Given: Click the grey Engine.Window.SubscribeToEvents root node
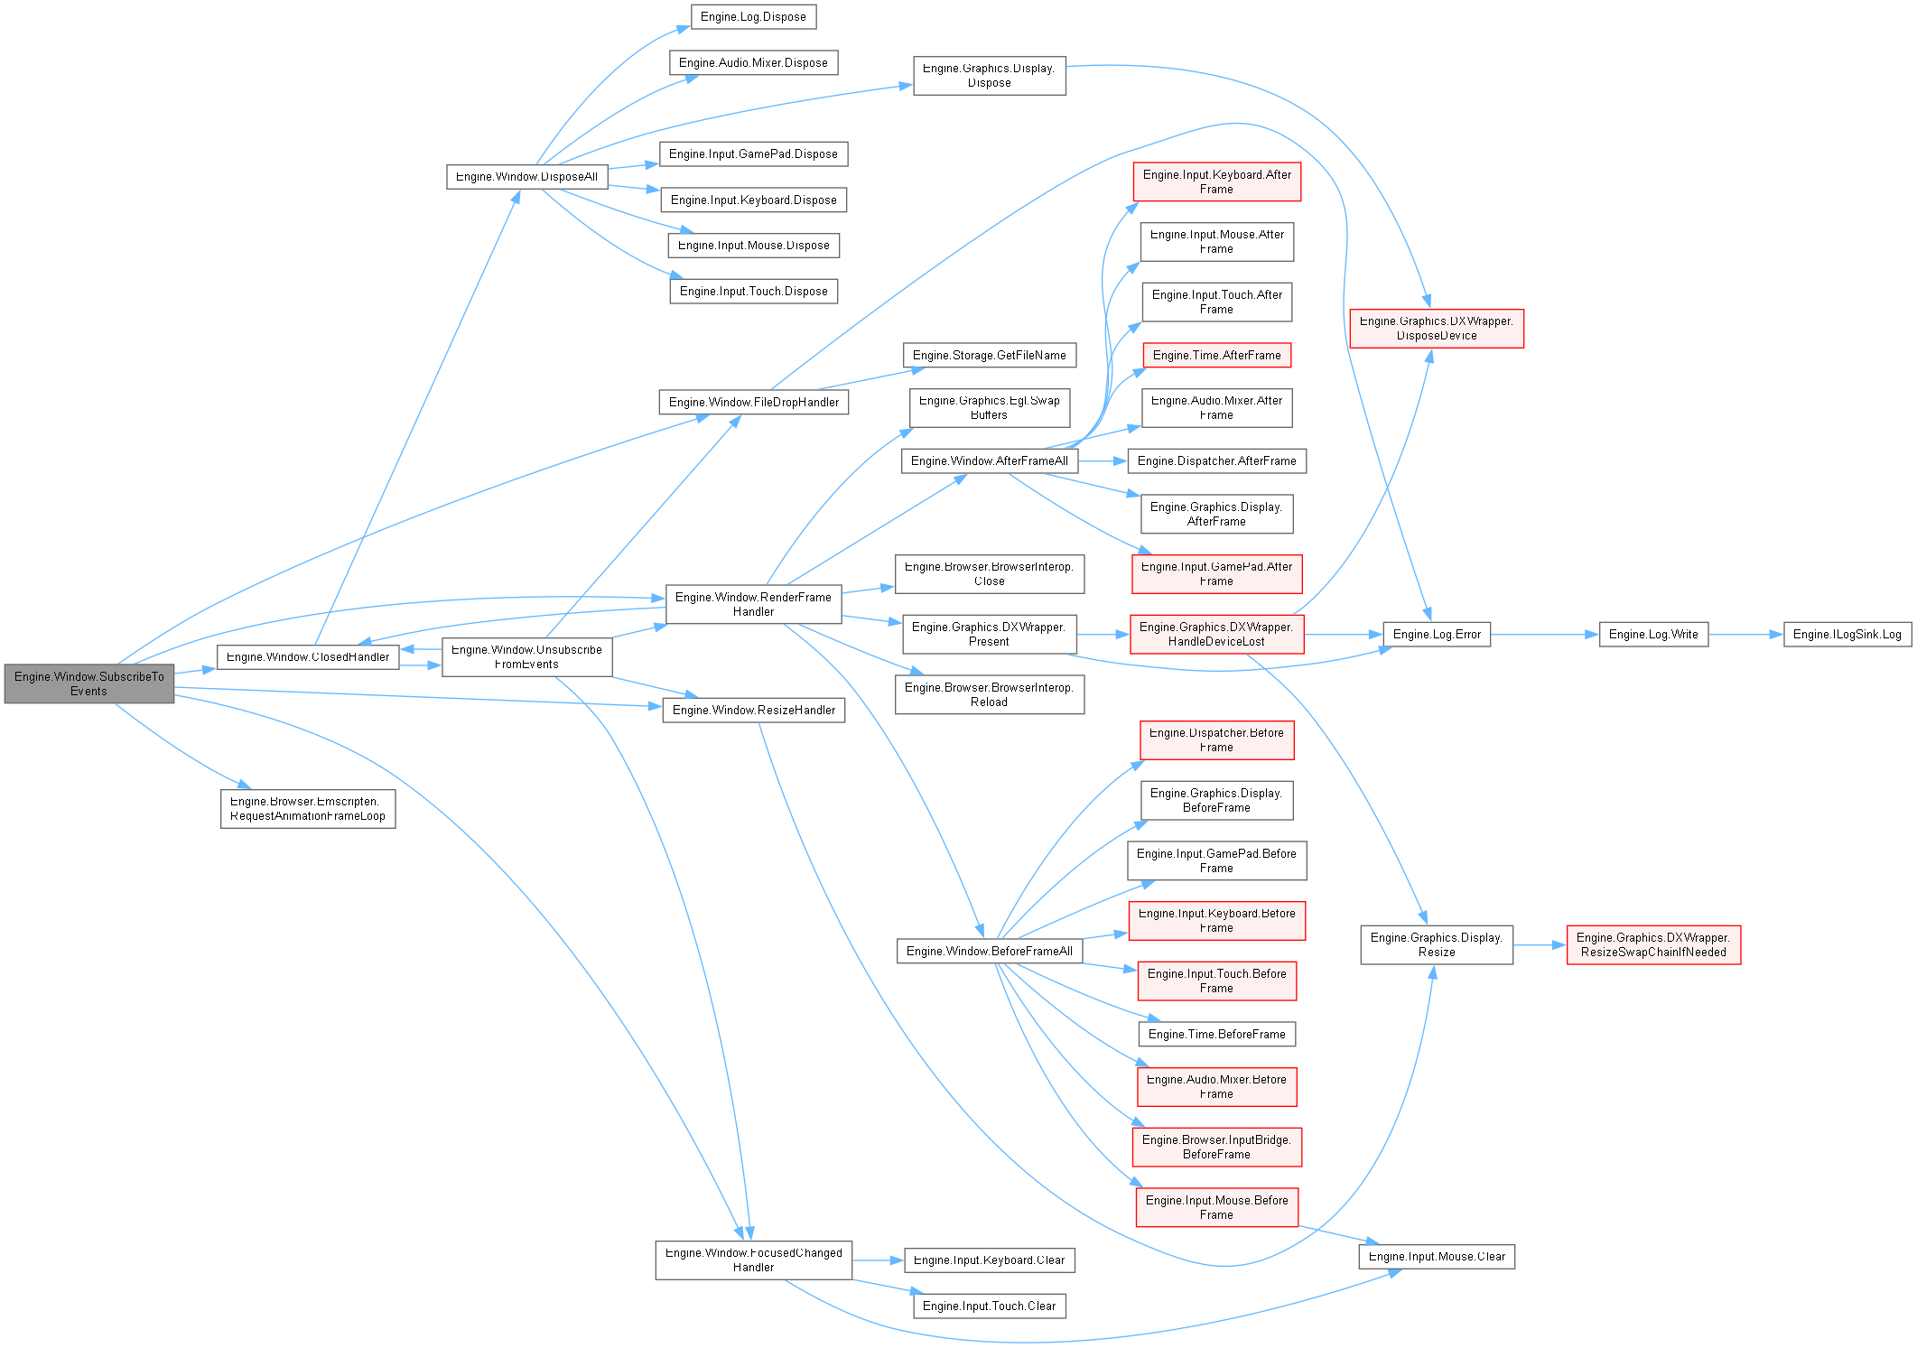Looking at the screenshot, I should [x=88, y=683].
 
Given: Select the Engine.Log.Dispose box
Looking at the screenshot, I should [x=753, y=16].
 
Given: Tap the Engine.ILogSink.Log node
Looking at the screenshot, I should [x=1847, y=635].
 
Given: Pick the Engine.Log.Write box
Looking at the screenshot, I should [x=1652, y=635].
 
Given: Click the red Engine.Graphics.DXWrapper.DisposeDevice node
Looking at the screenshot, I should [x=1436, y=328].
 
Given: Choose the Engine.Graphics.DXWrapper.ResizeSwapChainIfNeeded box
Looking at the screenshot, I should [x=1652, y=944].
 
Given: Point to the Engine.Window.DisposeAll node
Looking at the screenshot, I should [x=526, y=176].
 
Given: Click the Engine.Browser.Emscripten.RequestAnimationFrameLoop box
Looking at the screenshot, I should [x=307, y=808].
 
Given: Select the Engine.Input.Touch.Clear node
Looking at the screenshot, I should [x=989, y=1306].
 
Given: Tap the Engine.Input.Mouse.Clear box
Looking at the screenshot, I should [x=1436, y=1256].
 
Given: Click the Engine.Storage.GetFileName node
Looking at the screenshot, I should [x=989, y=355].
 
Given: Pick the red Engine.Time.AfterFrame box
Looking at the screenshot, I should [x=1216, y=355].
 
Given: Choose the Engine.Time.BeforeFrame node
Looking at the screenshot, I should [x=1216, y=1034].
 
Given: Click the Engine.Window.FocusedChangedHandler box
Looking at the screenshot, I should [x=753, y=1260].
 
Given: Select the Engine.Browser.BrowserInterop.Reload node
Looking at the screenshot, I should [x=989, y=694].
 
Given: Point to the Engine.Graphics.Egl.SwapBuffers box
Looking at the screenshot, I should [x=989, y=407].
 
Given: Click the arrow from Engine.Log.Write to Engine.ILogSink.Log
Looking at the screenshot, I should [x=1745, y=635].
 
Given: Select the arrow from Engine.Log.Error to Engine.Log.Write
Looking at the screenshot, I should [x=1544, y=635].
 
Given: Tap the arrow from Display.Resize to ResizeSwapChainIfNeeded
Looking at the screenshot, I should [x=1540, y=945].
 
